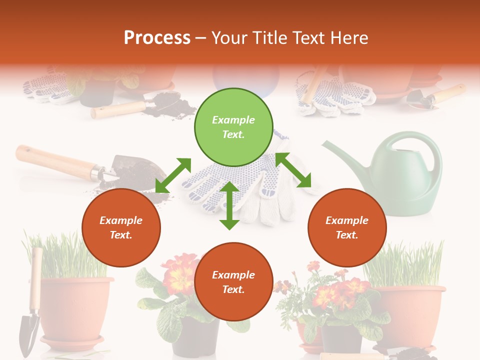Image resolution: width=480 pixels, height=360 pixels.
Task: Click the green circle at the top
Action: [233, 127]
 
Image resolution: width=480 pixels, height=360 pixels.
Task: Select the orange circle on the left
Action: [121, 228]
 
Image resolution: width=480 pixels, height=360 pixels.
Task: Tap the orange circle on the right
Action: [347, 228]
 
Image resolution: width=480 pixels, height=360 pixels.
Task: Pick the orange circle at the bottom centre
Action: [233, 282]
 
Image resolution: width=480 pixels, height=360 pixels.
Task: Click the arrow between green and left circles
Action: [173, 175]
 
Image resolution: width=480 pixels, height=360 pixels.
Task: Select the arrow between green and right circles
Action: [293, 170]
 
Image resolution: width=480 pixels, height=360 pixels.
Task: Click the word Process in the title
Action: [157, 37]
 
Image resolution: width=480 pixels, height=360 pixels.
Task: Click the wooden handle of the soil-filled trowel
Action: [55, 161]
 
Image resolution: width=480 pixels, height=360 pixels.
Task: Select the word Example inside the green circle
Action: [233, 120]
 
